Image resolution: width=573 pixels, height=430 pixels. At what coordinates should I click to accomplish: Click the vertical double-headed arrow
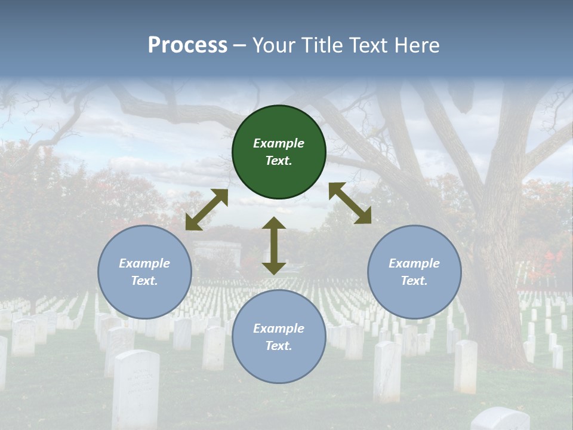(274, 246)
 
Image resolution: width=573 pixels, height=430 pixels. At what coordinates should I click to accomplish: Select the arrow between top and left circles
(207, 210)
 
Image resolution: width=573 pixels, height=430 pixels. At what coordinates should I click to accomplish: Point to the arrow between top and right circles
(350, 203)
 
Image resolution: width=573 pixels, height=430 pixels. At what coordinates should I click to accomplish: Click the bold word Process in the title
(187, 45)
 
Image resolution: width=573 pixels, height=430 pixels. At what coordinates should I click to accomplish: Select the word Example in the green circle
(279, 143)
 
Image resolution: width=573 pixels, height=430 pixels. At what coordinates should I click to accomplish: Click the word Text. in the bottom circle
(279, 346)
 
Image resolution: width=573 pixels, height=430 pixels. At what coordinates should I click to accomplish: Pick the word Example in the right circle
(414, 263)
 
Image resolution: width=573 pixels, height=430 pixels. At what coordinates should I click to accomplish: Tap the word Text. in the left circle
(144, 281)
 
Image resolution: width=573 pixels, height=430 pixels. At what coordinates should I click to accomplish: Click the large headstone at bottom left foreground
(136, 388)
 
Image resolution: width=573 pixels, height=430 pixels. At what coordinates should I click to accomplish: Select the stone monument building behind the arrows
(217, 251)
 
